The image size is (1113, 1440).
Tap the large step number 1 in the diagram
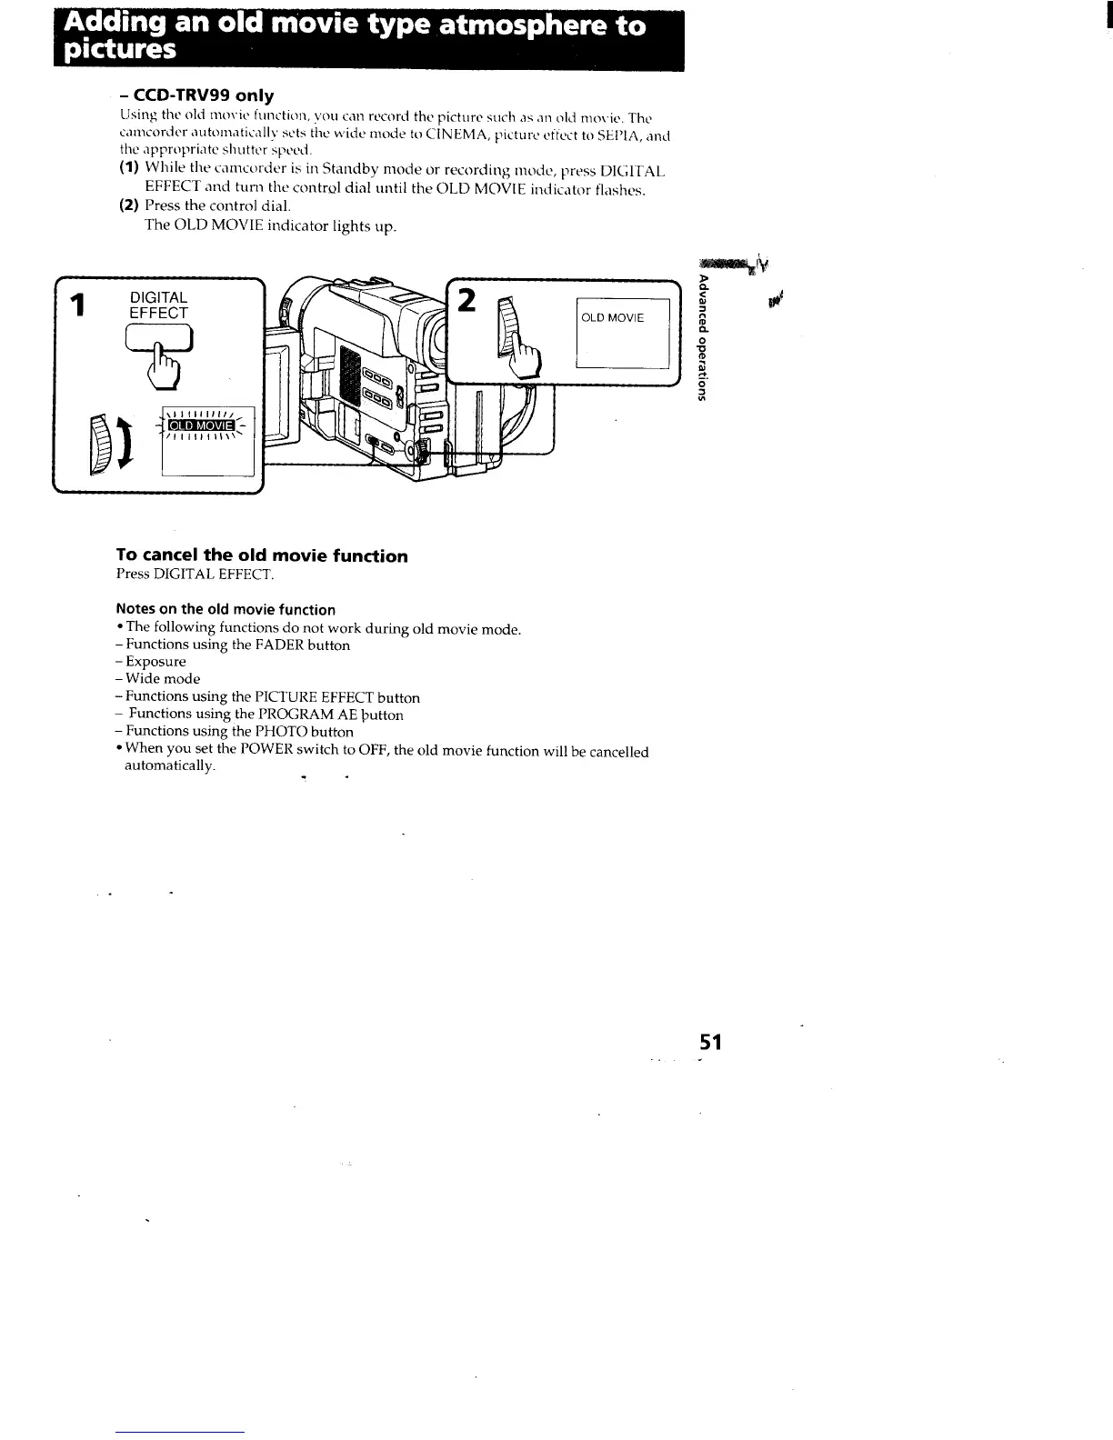point(80,305)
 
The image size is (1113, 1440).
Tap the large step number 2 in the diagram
point(467,301)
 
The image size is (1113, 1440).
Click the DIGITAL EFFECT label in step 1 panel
point(159,305)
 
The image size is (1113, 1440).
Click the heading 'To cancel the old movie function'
point(262,555)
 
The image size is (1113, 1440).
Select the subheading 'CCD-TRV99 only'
point(196,95)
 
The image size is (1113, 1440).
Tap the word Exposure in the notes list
point(155,662)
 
